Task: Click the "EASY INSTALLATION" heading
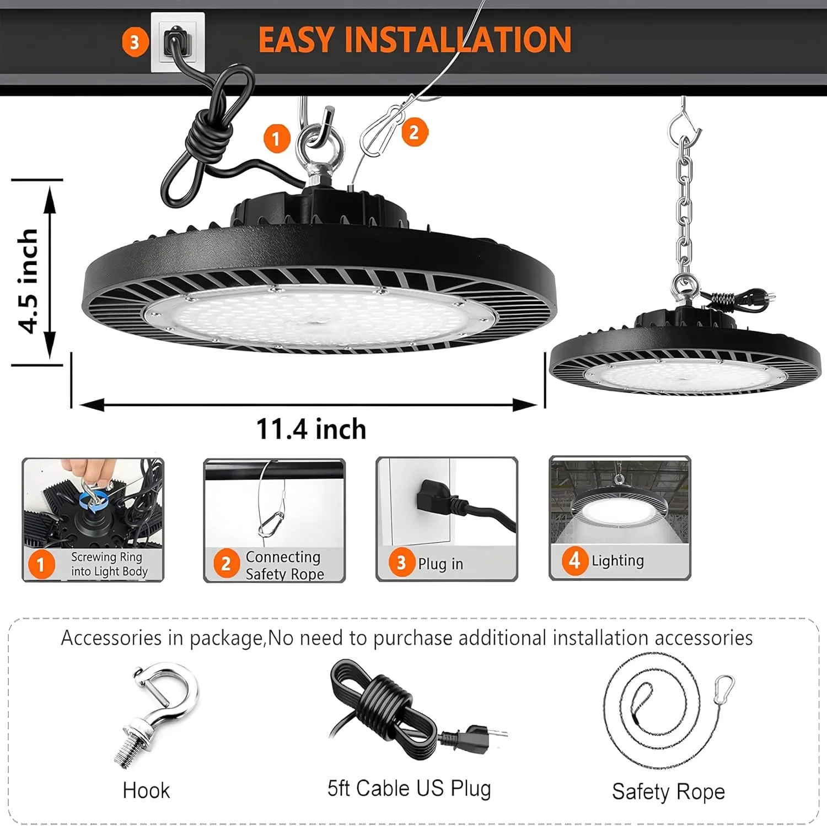(415, 39)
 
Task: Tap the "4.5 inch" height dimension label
(28, 280)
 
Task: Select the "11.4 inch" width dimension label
(311, 429)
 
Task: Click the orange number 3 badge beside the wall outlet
(135, 42)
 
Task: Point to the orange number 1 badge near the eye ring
(276, 138)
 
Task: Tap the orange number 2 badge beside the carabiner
(415, 132)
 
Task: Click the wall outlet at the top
(178, 42)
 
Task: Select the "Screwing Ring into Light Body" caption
(109, 564)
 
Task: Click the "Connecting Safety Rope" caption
(284, 565)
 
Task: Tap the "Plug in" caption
(440, 564)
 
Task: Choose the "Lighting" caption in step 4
(617, 560)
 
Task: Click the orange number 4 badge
(574, 560)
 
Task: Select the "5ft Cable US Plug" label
(409, 788)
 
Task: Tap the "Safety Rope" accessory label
(668, 791)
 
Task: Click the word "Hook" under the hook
(146, 790)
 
